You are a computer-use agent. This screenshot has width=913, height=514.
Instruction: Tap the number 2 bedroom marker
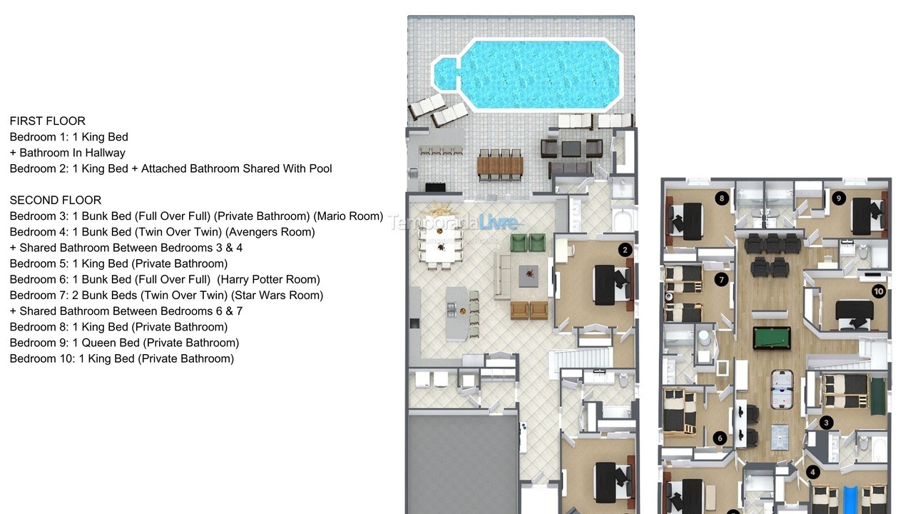click(626, 249)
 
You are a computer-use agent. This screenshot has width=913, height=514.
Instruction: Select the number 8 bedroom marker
click(722, 198)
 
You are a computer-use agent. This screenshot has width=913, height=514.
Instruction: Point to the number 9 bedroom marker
click(838, 198)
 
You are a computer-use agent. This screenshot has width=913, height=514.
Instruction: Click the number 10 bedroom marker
click(878, 291)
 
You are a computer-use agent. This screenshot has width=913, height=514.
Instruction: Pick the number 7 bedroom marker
click(721, 279)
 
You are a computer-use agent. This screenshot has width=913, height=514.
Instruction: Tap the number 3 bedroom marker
click(826, 423)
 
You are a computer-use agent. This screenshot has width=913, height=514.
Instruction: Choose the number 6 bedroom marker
click(720, 438)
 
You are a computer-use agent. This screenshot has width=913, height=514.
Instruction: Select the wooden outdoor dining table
click(500, 166)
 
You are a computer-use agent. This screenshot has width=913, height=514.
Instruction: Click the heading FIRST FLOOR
click(48, 121)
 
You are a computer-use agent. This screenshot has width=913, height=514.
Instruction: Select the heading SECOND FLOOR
click(56, 201)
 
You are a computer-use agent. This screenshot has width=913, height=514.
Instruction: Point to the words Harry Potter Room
click(268, 280)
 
